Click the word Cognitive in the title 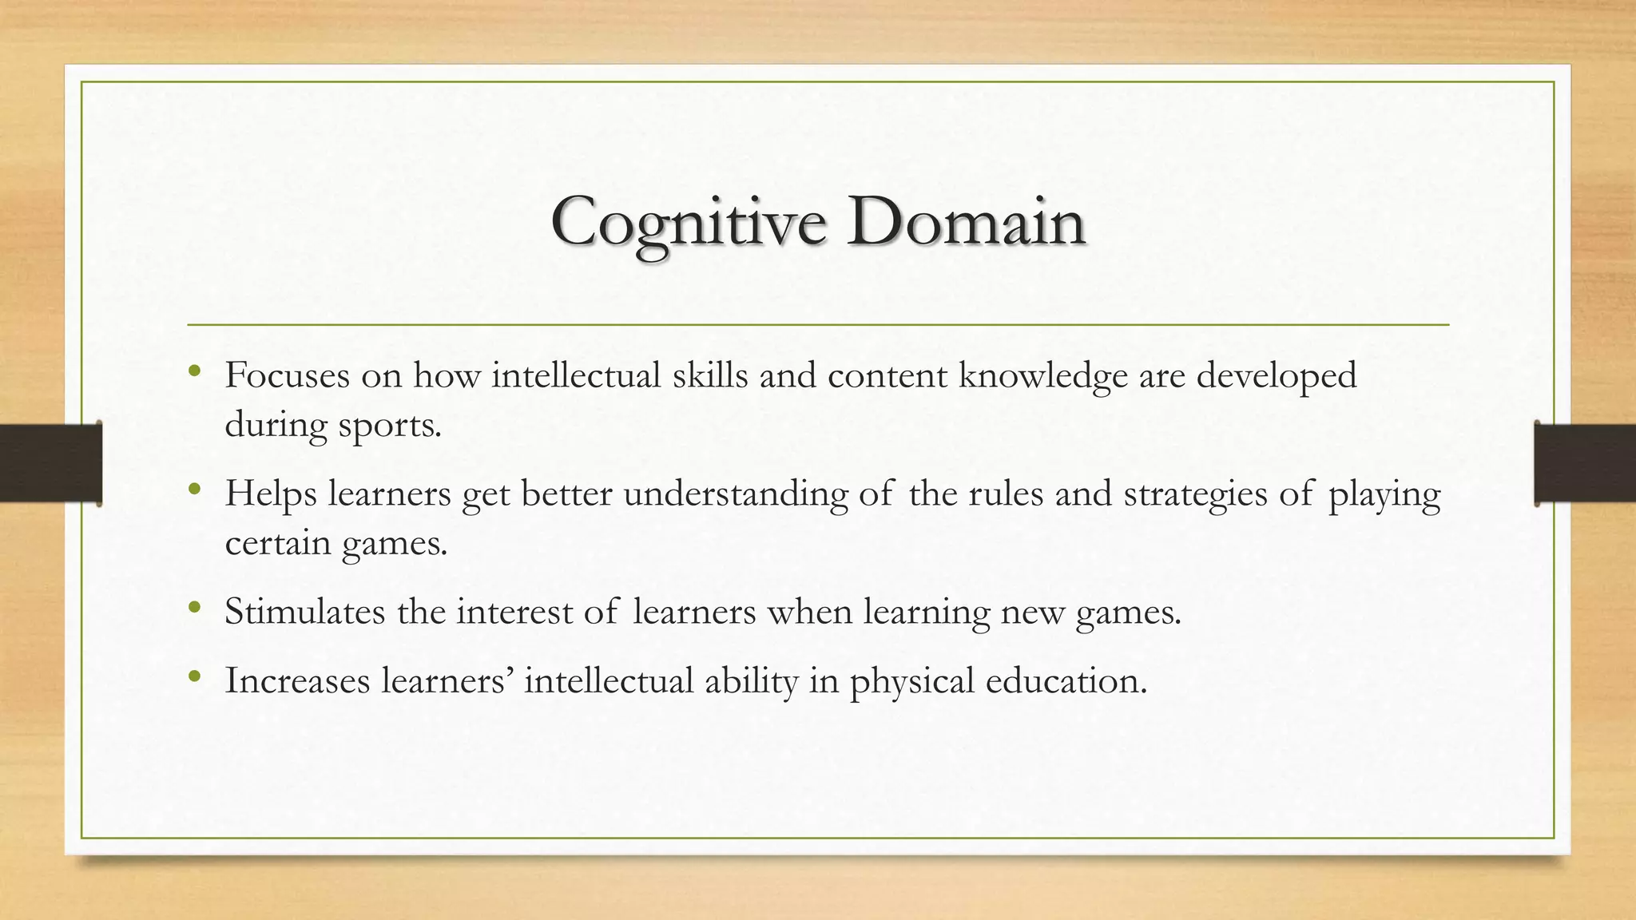tap(688, 223)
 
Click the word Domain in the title tap(967, 221)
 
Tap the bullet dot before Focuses tap(194, 371)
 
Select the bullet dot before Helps tap(194, 489)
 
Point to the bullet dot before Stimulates tap(194, 608)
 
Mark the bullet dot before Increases tap(194, 676)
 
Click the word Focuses tap(287, 375)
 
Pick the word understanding tap(735, 494)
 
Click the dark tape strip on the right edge tap(1585, 463)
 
